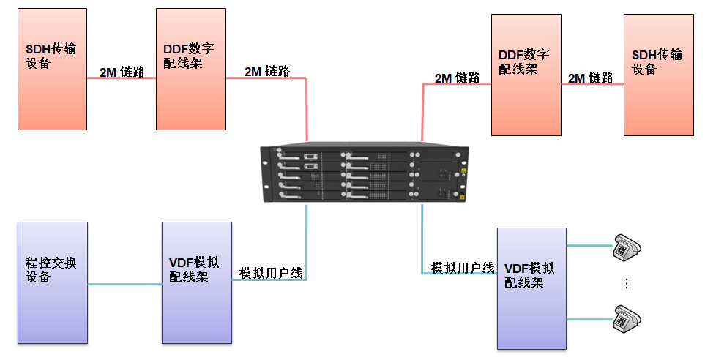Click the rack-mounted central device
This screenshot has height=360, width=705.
point(364,176)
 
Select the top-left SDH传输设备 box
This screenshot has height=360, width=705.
point(52,70)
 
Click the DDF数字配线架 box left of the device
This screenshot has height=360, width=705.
point(190,70)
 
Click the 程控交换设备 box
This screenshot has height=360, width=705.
point(52,282)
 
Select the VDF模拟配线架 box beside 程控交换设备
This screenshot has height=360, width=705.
point(196,282)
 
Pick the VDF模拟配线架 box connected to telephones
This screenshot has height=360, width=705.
point(531,288)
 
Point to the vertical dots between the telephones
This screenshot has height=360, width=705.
point(627,283)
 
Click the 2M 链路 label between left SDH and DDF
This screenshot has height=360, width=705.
point(122,72)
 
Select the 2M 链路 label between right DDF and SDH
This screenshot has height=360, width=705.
point(591,78)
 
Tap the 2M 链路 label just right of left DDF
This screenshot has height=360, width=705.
point(267,71)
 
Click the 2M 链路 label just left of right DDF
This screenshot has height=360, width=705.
point(458,78)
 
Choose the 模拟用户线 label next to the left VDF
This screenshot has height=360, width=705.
point(271,273)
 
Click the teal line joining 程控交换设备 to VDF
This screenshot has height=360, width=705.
point(124,284)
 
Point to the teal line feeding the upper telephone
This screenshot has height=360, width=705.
point(588,246)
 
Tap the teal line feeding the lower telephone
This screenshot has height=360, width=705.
point(588,319)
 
